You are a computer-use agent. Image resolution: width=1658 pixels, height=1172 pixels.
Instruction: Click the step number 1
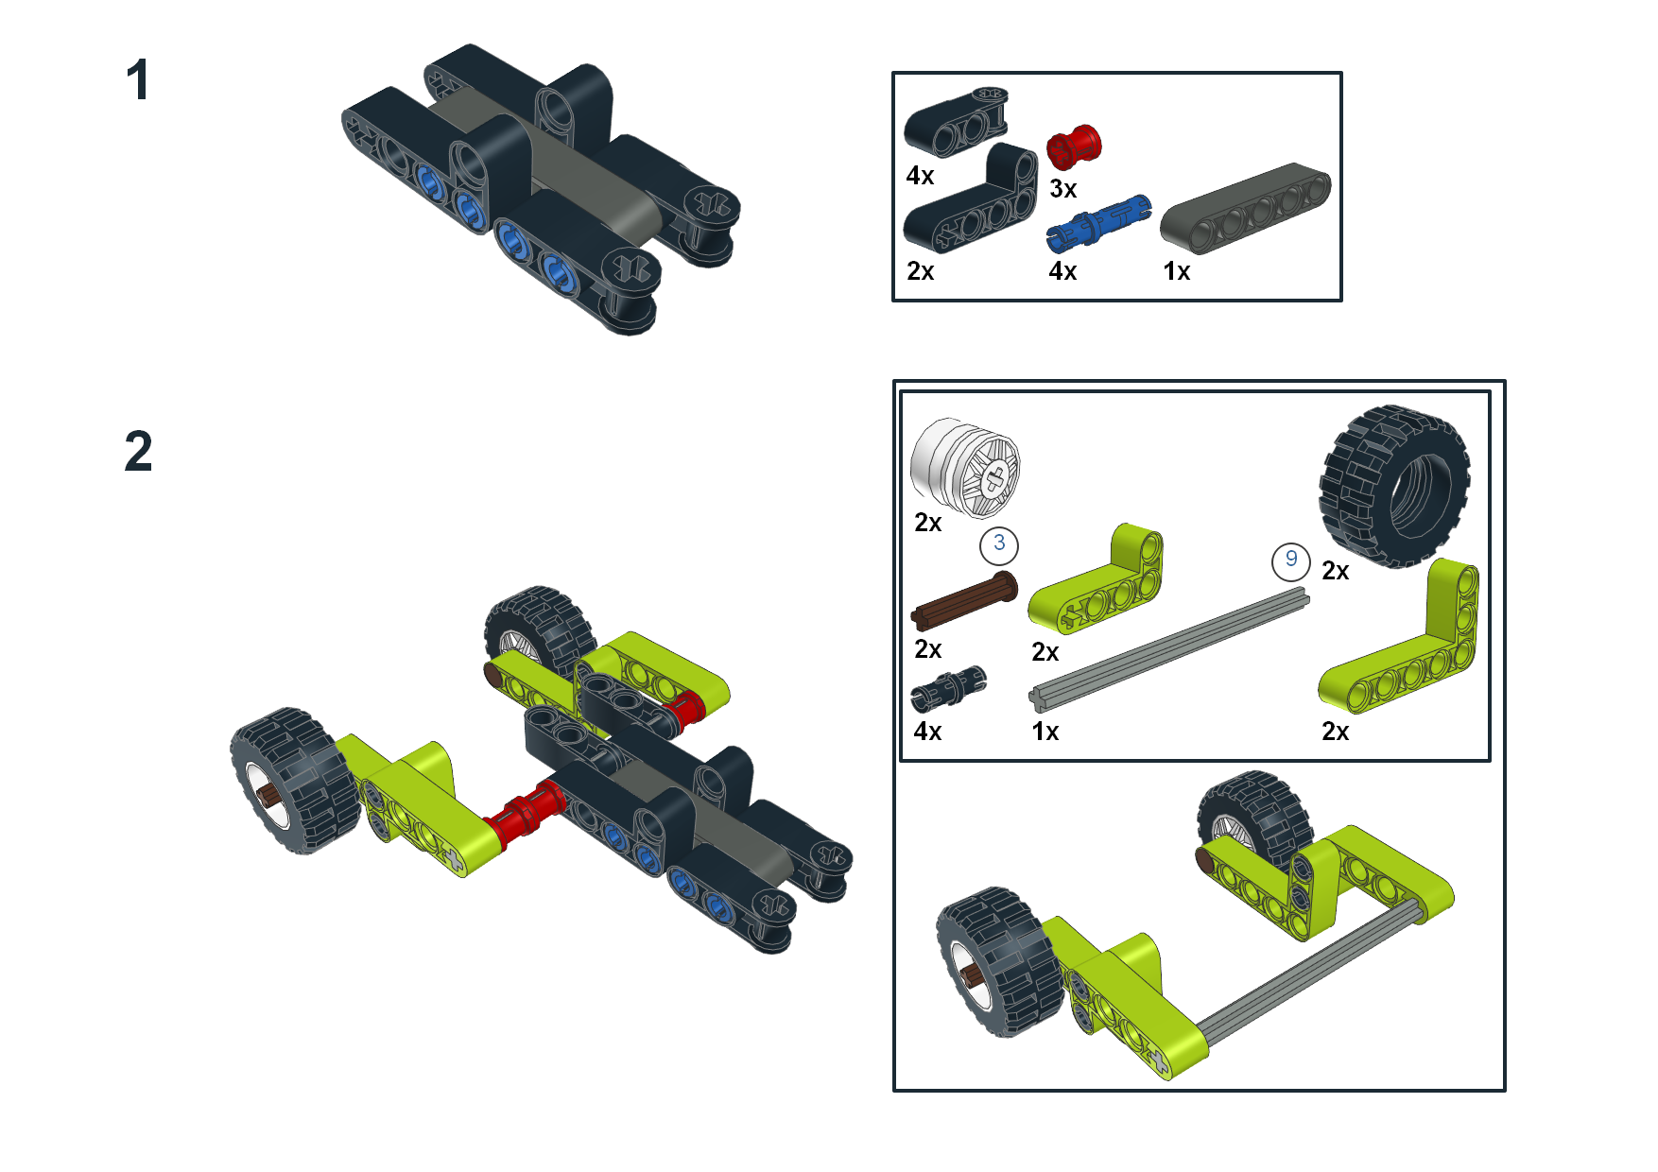click(138, 80)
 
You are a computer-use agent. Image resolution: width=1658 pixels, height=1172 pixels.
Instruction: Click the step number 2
click(138, 452)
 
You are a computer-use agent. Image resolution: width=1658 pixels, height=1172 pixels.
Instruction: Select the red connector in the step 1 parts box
click(1074, 147)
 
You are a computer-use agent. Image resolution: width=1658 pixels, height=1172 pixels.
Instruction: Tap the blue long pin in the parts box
click(1098, 221)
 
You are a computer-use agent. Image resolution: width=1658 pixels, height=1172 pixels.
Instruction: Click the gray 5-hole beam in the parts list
click(1245, 208)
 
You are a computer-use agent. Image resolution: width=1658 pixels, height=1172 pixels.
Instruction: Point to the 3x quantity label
click(1062, 189)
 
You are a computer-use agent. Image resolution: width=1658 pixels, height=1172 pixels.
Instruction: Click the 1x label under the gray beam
click(1176, 271)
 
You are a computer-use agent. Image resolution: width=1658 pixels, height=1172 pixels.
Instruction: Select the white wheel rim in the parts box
click(965, 467)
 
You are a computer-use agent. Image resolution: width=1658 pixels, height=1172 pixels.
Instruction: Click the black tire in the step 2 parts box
click(1394, 486)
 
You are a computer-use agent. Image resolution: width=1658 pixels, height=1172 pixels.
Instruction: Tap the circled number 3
click(999, 544)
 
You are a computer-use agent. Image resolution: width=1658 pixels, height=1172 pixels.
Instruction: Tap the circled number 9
click(1290, 560)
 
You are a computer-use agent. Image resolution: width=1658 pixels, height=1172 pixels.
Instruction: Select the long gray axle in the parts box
click(1169, 647)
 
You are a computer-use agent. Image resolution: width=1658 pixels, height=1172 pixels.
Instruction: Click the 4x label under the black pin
click(927, 732)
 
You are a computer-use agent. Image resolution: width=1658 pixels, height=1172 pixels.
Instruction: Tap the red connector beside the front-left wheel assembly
click(523, 814)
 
